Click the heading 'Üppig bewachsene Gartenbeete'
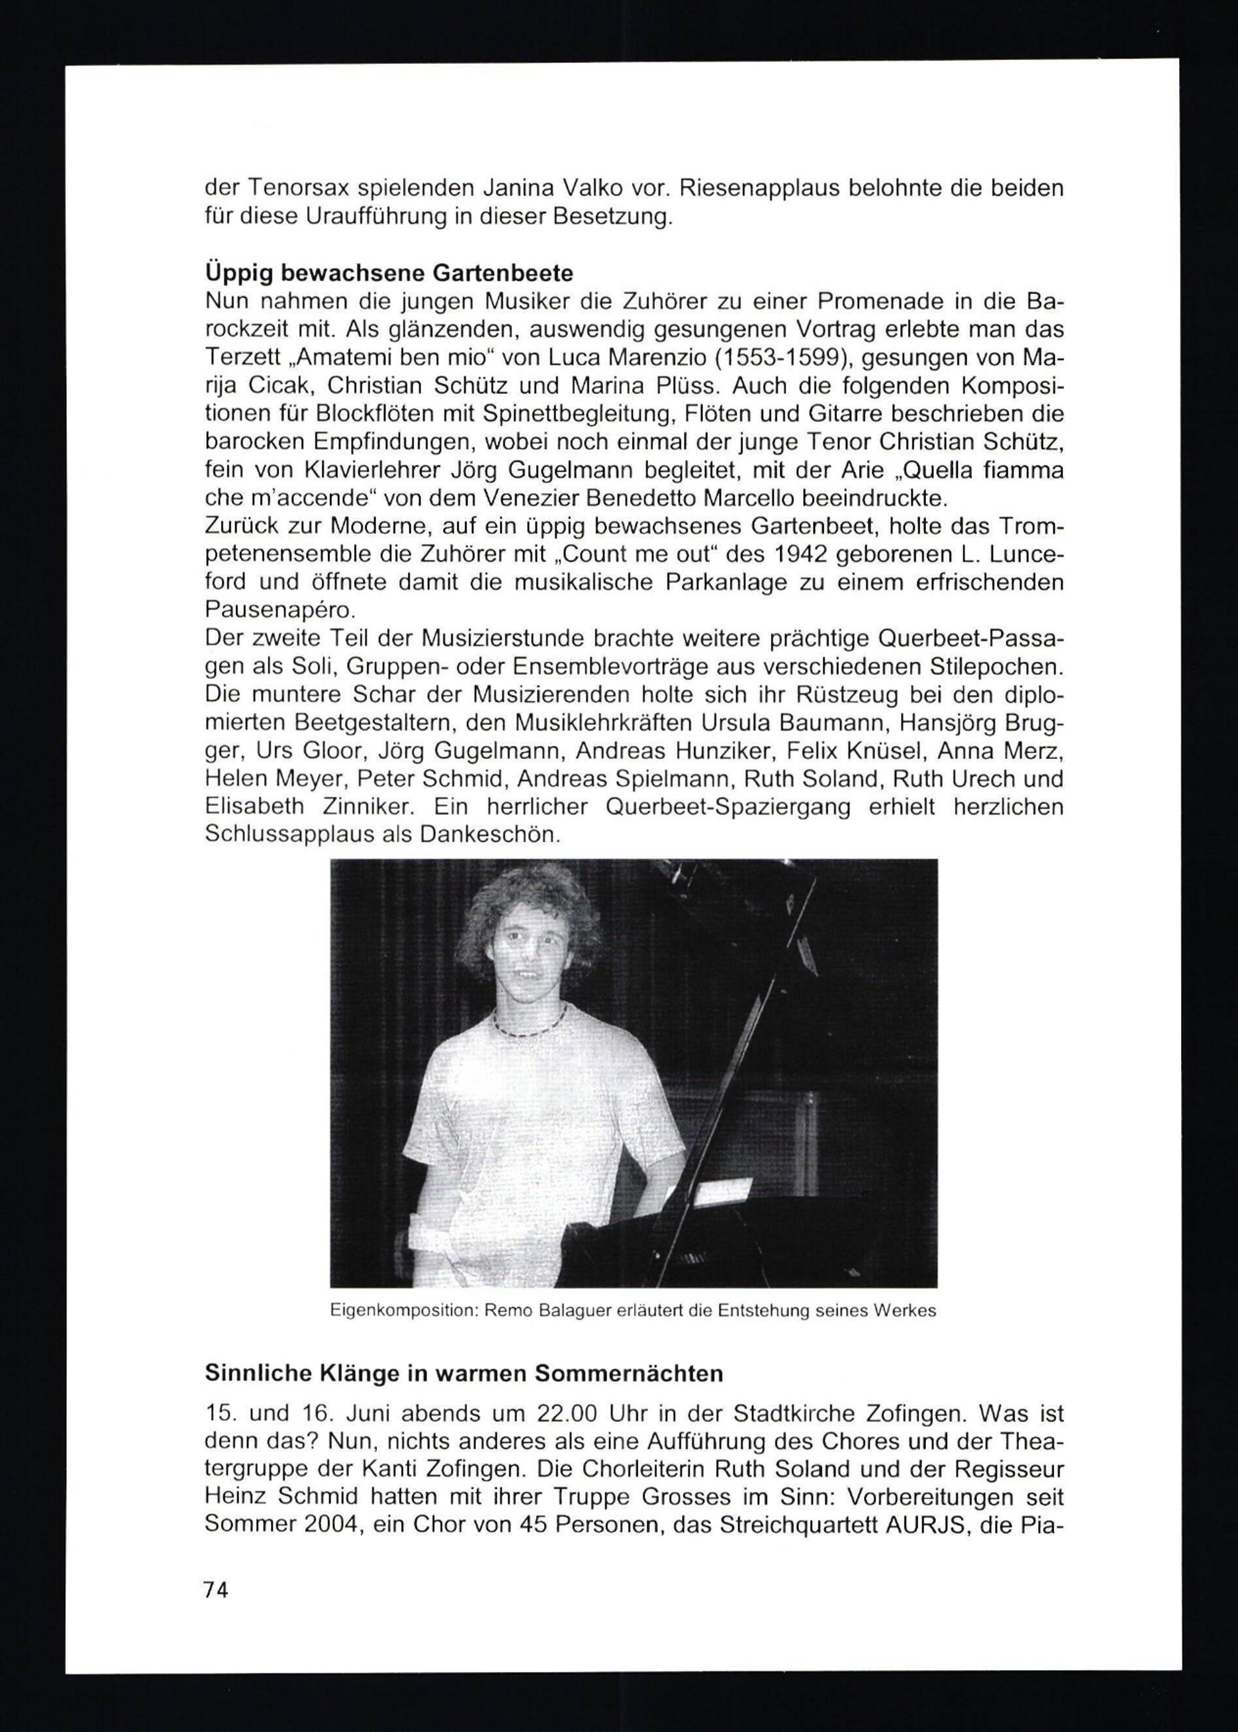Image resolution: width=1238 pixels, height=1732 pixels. [389, 273]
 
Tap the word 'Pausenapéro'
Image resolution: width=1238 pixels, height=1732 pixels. [279, 610]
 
